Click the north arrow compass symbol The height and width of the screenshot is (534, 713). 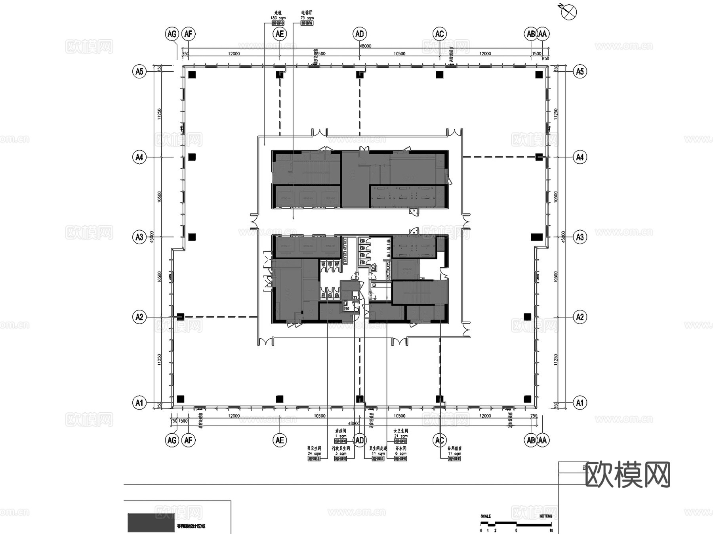(x=569, y=12)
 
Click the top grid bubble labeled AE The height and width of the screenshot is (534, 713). (x=280, y=34)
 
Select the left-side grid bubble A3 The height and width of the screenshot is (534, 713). (x=139, y=237)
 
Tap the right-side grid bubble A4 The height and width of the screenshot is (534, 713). (x=580, y=157)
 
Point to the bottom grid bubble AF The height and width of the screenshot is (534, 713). (x=188, y=440)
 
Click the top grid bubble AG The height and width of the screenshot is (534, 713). (x=172, y=34)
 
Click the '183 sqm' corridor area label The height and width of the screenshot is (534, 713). (x=278, y=18)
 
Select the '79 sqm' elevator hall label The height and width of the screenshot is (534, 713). (x=307, y=18)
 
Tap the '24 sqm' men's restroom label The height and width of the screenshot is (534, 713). (x=314, y=453)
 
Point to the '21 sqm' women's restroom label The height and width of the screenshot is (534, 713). (x=400, y=436)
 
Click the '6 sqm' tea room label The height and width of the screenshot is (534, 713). (x=400, y=453)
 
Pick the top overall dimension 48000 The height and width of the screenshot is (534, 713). (x=365, y=46)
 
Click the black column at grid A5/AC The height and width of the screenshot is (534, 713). (x=439, y=75)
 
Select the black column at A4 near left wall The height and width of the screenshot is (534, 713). (x=192, y=157)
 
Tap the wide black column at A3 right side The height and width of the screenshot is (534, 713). (x=536, y=237)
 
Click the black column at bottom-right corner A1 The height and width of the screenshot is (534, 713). (x=527, y=399)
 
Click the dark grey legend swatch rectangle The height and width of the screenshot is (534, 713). (x=151, y=523)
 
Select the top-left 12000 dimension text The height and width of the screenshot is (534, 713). (x=234, y=54)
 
